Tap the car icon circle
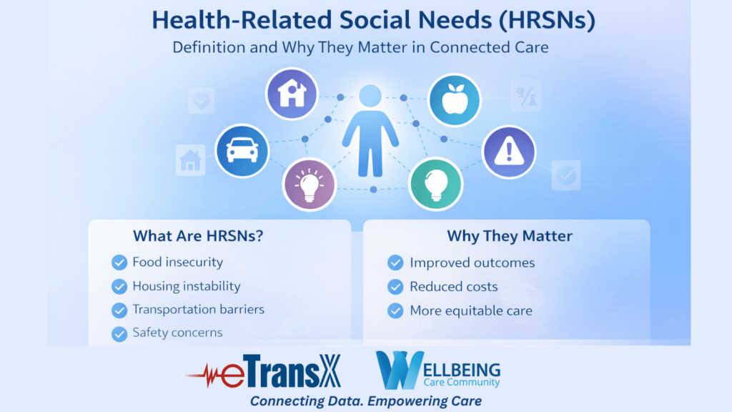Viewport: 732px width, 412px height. pyautogui.click(x=242, y=150)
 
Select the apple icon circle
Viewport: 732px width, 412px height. pyautogui.click(x=454, y=100)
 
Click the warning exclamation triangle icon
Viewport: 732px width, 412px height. pyautogui.click(x=508, y=151)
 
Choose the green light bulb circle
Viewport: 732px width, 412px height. pyautogui.click(x=435, y=184)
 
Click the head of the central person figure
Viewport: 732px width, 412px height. pyautogui.click(x=370, y=97)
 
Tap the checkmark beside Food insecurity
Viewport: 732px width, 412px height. pyautogui.click(x=119, y=263)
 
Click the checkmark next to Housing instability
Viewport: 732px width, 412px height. pyautogui.click(x=119, y=287)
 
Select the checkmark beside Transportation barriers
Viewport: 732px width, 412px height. pyautogui.click(x=119, y=310)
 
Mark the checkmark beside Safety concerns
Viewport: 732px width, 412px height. pyautogui.click(x=119, y=333)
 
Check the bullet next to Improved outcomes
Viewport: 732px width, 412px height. pyautogui.click(x=395, y=263)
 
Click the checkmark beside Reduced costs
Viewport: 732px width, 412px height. pyautogui.click(x=395, y=287)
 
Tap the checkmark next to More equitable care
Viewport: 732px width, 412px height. pyautogui.click(x=395, y=311)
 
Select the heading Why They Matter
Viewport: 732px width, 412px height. pyautogui.click(x=510, y=236)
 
